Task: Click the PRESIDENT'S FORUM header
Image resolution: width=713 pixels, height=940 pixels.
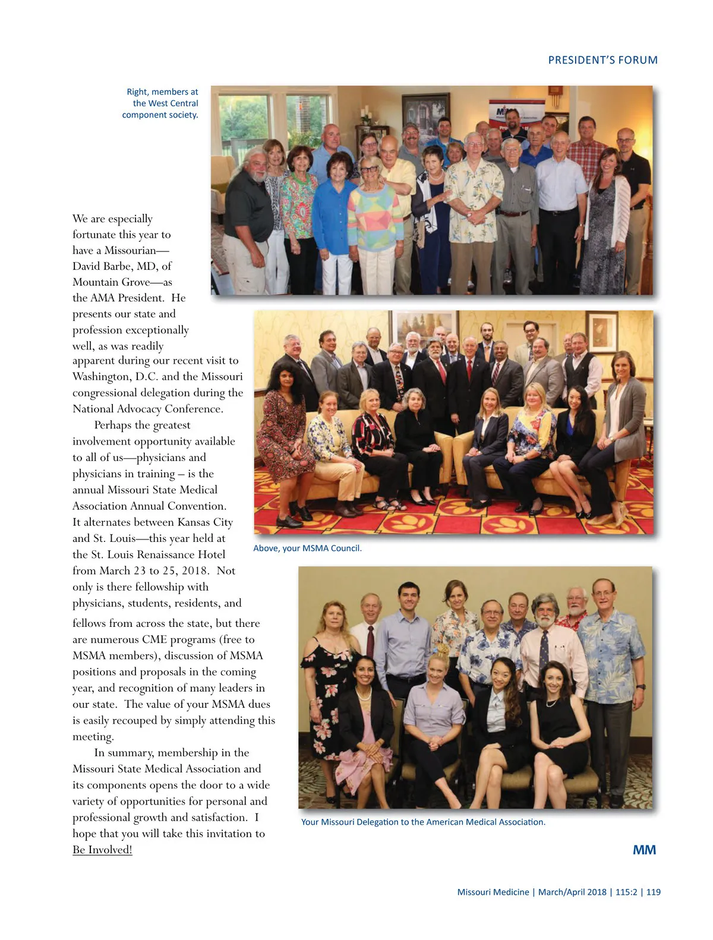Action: (602, 60)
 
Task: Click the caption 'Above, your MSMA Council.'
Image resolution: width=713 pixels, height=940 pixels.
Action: (307, 548)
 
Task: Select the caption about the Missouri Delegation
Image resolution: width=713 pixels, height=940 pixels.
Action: (423, 822)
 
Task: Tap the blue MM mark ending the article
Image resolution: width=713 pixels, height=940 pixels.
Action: (644, 850)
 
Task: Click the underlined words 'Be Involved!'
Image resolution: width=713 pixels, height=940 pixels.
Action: (102, 850)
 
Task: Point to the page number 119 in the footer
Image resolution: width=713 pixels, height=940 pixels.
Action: (653, 892)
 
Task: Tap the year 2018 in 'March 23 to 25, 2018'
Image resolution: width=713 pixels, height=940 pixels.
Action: (194, 571)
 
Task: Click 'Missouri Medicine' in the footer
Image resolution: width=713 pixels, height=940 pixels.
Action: (493, 892)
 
